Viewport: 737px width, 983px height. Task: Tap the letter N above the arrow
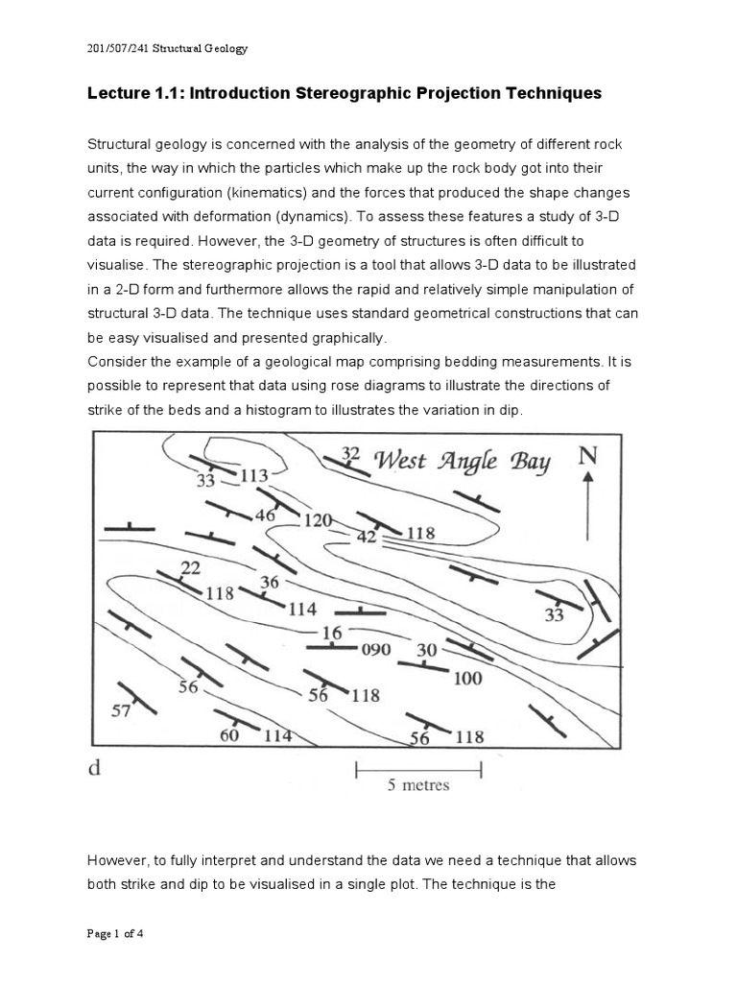tap(587, 455)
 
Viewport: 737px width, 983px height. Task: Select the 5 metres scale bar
tap(418, 767)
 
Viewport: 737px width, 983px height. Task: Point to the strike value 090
tap(375, 649)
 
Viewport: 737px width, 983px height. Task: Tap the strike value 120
tap(318, 520)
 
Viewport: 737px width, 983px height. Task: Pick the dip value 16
tap(331, 633)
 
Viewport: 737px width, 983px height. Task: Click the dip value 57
tap(122, 711)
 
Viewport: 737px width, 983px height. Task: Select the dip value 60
tap(229, 735)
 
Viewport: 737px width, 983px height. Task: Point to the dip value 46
tap(264, 515)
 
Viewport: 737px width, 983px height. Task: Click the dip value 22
tap(190, 568)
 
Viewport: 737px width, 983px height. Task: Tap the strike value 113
tap(254, 474)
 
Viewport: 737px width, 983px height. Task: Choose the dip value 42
tap(367, 538)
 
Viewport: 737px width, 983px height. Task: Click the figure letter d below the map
tap(95, 767)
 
